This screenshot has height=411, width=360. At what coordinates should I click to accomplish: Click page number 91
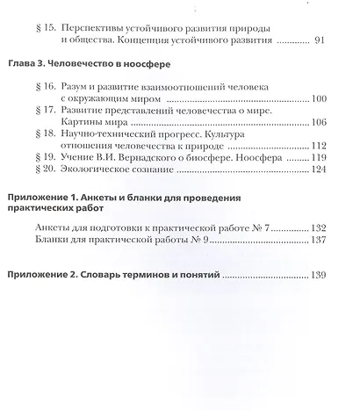point(320,40)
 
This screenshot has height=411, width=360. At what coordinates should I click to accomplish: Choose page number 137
point(319,240)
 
